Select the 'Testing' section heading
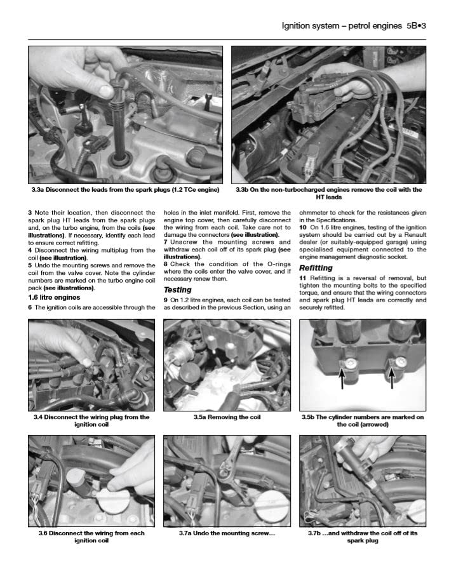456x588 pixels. coord(177,290)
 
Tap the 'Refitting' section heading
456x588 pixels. coord(316,268)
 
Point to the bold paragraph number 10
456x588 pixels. coord(303,227)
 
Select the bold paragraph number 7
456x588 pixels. coord(166,242)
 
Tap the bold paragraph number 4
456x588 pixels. coord(30,250)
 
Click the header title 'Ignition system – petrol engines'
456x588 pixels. coord(341,26)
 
